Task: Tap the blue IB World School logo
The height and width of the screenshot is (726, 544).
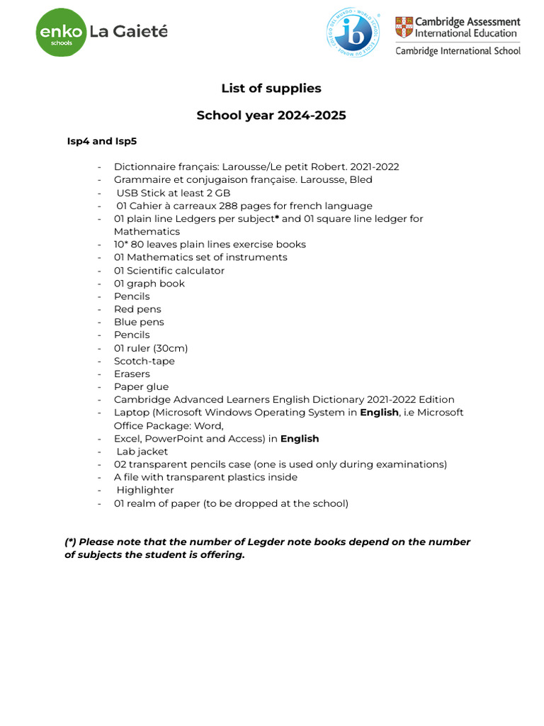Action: coord(353,33)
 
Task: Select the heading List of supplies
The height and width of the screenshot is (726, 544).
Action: coord(271,89)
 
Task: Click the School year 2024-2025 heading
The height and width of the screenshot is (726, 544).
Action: coord(271,115)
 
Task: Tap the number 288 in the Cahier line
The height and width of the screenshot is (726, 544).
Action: coord(229,206)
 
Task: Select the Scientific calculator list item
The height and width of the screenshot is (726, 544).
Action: coord(169,270)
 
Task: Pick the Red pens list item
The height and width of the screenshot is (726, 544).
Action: coord(137,309)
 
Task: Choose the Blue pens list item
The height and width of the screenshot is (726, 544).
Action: coord(139,322)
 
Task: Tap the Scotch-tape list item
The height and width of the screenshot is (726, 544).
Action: coord(144,361)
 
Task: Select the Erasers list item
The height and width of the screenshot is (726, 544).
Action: coord(132,374)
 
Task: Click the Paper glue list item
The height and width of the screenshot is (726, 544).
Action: coord(142,386)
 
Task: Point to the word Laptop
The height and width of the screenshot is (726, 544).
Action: coord(131,413)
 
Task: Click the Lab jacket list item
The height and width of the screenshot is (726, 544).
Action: coord(142,452)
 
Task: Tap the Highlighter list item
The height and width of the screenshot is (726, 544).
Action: coord(145,490)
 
